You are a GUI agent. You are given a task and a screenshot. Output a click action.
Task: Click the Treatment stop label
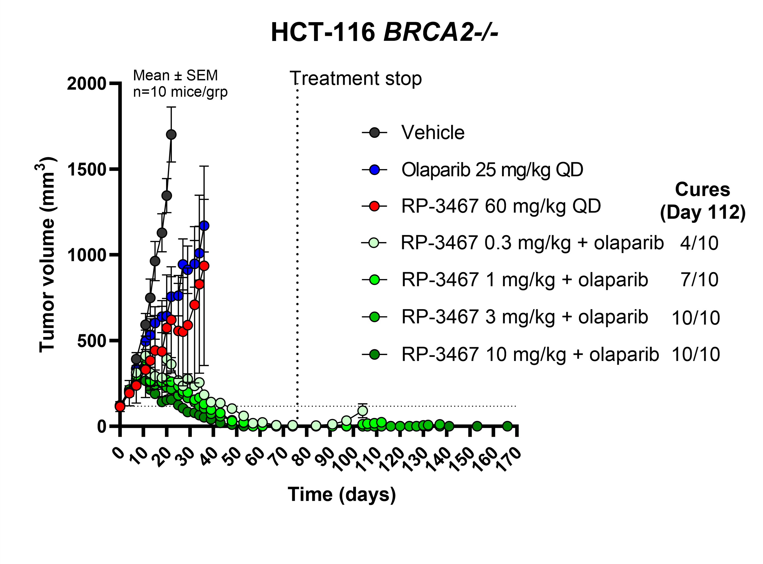tap(355, 78)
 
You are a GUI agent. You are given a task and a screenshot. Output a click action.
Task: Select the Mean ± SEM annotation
tap(175, 75)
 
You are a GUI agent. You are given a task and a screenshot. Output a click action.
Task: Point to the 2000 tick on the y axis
tap(87, 84)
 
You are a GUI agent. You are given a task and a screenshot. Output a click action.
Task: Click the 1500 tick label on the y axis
tap(87, 169)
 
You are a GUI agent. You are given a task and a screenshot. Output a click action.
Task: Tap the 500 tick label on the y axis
tap(91, 341)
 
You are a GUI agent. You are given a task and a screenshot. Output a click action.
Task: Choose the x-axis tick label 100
tap(346, 459)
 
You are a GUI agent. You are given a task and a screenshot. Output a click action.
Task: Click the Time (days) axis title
tap(341, 494)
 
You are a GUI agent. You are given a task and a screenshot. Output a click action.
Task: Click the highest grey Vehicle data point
tap(171, 135)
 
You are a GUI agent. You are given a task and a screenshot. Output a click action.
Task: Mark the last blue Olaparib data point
tap(204, 226)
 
